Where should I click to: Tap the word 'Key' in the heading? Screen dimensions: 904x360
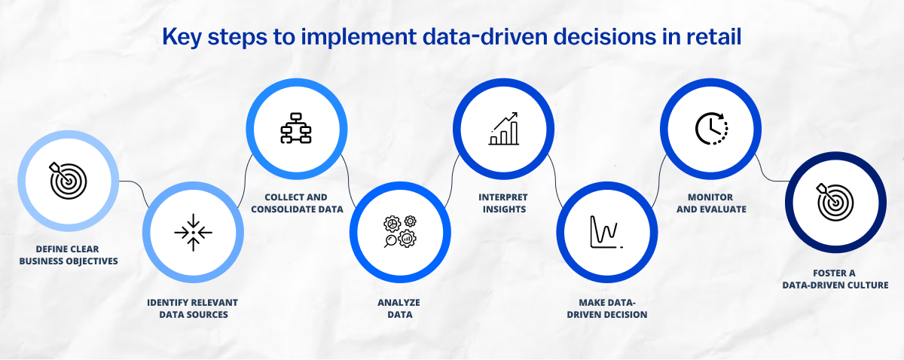click(x=182, y=38)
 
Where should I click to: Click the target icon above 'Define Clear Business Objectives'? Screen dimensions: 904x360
click(x=68, y=181)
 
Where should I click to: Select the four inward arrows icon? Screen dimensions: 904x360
click(x=193, y=233)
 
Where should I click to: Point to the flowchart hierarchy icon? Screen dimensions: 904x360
click(x=296, y=128)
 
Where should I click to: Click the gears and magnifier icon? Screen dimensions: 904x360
click(x=400, y=231)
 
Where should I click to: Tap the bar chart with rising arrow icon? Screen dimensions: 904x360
click(x=503, y=128)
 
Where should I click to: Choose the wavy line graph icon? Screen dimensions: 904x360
click(x=606, y=232)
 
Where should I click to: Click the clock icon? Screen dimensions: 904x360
click(x=711, y=128)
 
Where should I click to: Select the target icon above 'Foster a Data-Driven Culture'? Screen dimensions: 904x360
click(x=835, y=202)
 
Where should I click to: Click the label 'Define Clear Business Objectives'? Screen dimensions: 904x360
click(x=69, y=255)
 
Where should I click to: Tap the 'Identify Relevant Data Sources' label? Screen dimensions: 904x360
click(x=193, y=308)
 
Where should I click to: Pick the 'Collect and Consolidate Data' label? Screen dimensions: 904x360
click(x=297, y=203)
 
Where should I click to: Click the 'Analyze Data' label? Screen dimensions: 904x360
click(x=399, y=308)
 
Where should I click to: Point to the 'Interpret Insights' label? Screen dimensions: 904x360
click(x=503, y=203)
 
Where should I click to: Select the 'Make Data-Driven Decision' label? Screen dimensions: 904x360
click(x=607, y=308)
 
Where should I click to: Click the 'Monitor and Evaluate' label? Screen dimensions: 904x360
click(x=711, y=203)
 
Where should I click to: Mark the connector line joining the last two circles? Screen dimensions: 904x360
click(x=770, y=173)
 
